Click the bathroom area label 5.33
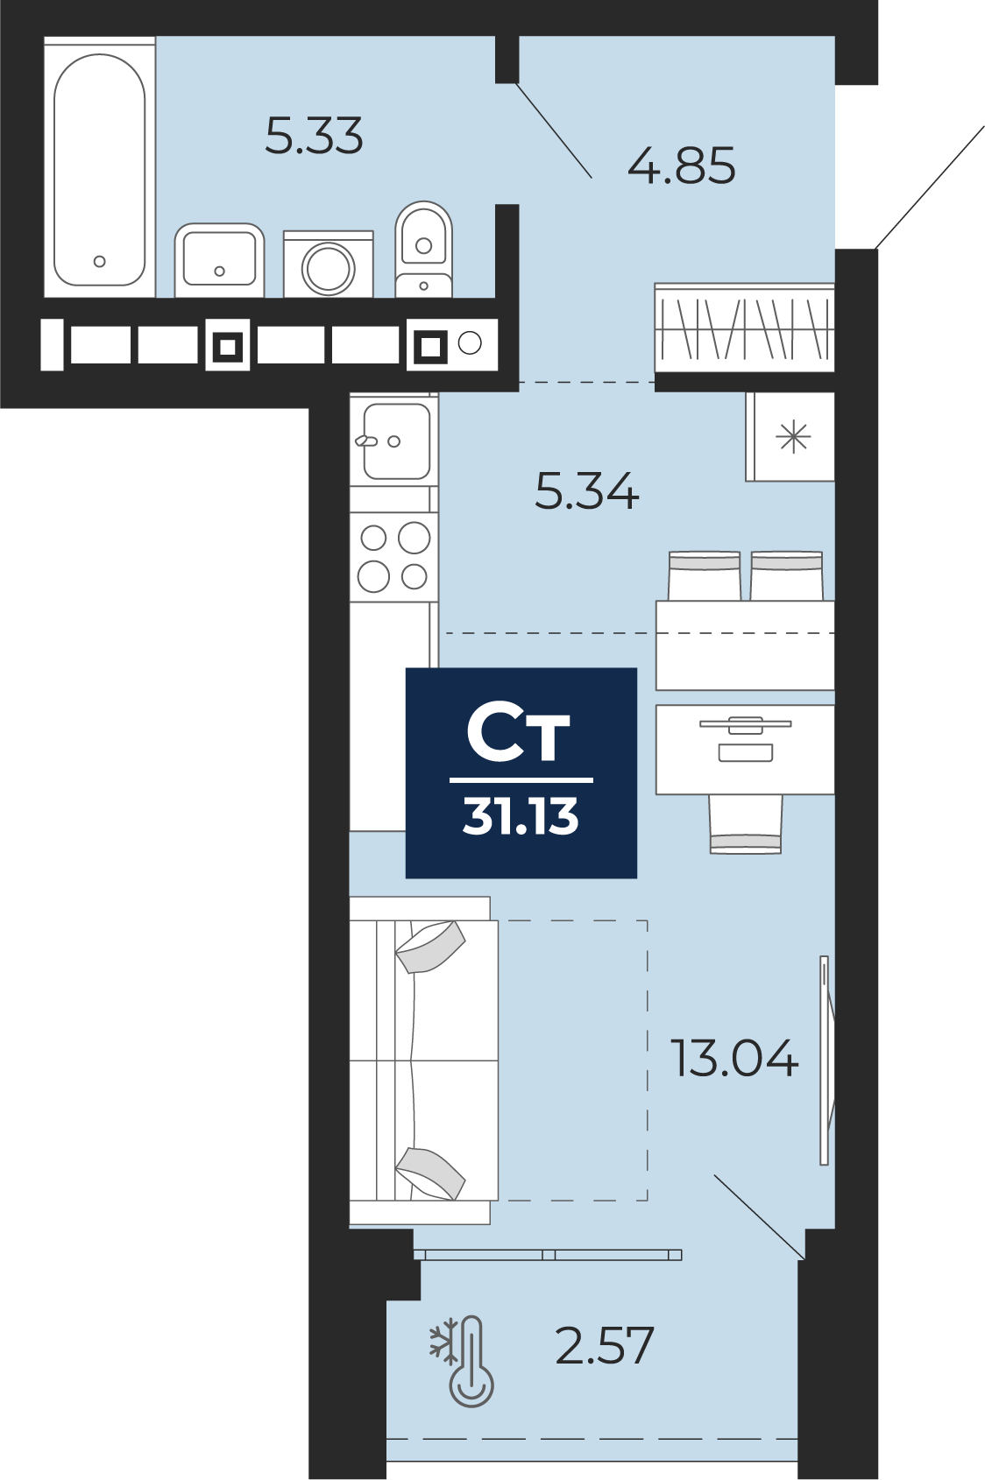314,136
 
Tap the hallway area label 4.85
682,166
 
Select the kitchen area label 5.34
587,491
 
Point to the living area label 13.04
735,1058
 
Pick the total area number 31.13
521,816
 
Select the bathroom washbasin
219,260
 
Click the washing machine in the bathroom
329,264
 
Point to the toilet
424,250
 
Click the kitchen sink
394,440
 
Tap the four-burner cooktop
394,557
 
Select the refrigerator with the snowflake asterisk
790,437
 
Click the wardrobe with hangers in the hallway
745,328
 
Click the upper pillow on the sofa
430,947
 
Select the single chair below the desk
746,824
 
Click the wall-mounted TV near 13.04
825,1060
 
